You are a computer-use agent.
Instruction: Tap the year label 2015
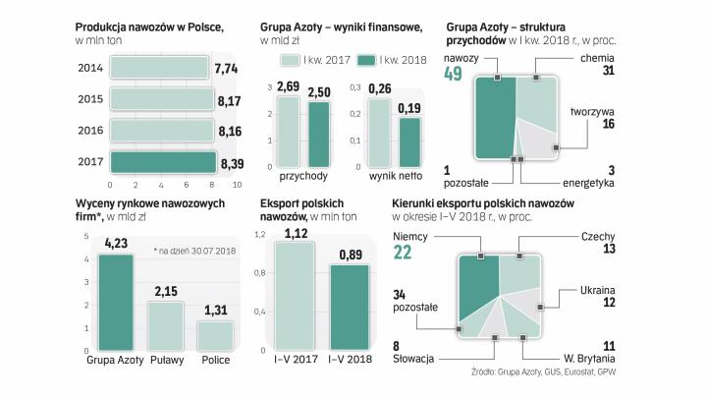click(x=90, y=100)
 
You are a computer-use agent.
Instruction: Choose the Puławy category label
click(x=166, y=361)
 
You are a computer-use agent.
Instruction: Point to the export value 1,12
click(x=296, y=233)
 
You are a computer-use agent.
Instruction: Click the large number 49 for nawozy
click(x=453, y=75)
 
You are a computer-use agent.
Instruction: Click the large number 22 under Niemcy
click(x=402, y=253)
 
